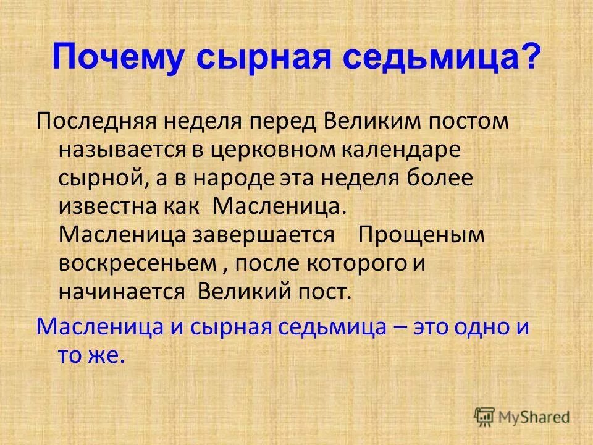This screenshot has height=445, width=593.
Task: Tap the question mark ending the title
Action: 529,59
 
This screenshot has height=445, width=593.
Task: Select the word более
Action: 440,178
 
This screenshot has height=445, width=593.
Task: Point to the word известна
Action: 105,206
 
